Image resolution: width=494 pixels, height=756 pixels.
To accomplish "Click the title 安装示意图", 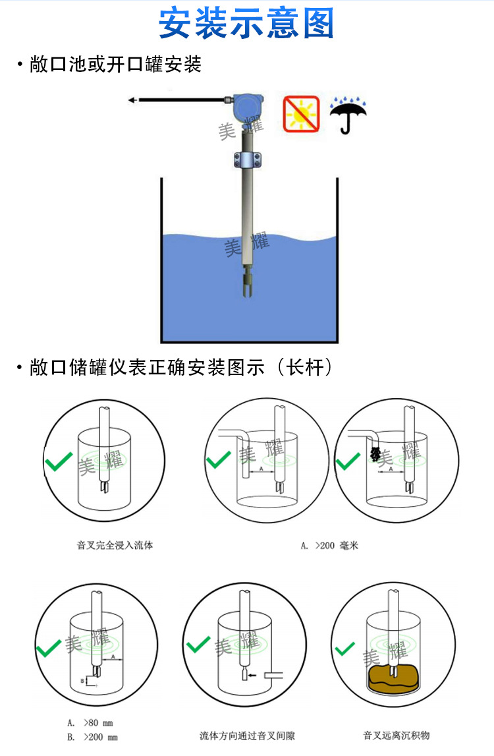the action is pos(246,23).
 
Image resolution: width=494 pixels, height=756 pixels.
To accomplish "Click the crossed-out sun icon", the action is pos(301,112).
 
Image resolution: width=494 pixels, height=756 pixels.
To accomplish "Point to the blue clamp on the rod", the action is pos(248,159).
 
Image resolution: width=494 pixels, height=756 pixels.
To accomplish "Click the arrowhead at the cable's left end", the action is pos(132,100).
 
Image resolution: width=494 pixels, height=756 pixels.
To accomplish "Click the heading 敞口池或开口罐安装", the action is pos(115,65).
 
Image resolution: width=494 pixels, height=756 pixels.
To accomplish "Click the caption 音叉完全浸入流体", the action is pos(115,545).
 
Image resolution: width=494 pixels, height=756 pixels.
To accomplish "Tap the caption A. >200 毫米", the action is pos(329,545).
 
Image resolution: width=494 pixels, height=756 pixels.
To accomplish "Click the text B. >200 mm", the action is pos(92,738).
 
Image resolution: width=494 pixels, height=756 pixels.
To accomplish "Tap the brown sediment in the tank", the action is pos(393,680).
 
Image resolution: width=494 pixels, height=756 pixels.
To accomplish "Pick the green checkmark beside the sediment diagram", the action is pos(344,650).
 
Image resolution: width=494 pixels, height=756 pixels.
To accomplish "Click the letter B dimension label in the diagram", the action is pos(82,680).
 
